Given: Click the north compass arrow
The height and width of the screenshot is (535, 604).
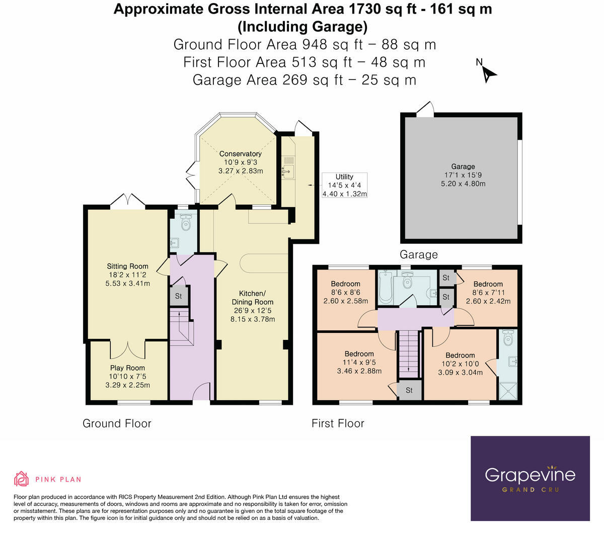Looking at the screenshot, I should point(488,73).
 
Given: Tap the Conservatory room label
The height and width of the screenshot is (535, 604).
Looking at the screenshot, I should point(240,154).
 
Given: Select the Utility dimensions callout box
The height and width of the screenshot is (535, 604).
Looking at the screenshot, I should point(344,185).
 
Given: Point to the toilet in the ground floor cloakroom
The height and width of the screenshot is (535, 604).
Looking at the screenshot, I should point(186,222).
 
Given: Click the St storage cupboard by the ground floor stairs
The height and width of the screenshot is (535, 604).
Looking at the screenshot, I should point(179,296).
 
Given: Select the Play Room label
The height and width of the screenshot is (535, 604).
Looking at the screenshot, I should point(127,368).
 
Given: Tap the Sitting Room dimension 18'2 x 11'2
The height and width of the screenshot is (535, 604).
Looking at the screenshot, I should point(127,275).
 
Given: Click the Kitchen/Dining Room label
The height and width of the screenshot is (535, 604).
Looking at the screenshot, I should point(252,298).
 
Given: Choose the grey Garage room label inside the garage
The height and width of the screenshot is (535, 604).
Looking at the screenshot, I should point(463,166).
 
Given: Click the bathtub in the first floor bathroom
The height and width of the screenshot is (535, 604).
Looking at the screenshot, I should point(385,288).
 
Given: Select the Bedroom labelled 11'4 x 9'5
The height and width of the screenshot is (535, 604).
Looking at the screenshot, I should point(359,354).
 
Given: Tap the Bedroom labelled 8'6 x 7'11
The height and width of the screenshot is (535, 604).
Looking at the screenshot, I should point(488,284).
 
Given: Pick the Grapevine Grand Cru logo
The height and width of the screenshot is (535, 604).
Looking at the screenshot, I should point(530,478).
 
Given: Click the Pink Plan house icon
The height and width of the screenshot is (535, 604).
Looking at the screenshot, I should point(21,479).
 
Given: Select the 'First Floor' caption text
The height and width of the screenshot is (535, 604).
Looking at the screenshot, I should point(338,423).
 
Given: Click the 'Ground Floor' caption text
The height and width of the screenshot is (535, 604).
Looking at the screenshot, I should point(117,423).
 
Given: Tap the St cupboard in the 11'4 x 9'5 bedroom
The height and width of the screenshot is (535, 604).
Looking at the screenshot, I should point(409,390).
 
